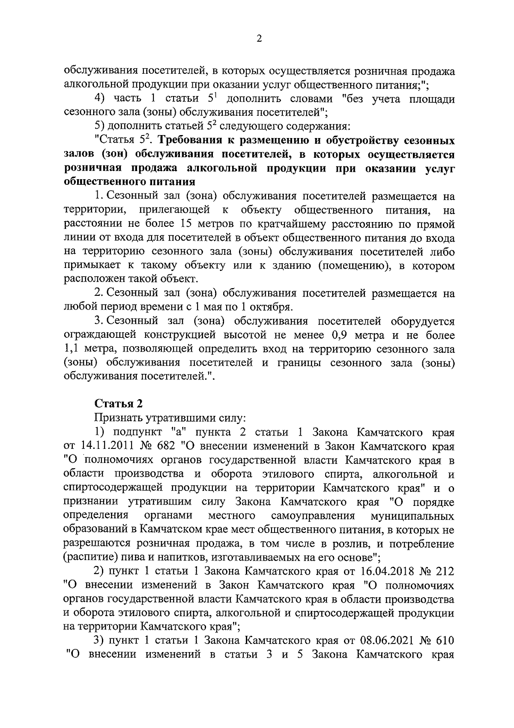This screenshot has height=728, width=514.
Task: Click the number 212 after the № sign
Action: click(x=445, y=572)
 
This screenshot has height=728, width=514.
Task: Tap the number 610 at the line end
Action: click(x=445, y=641)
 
